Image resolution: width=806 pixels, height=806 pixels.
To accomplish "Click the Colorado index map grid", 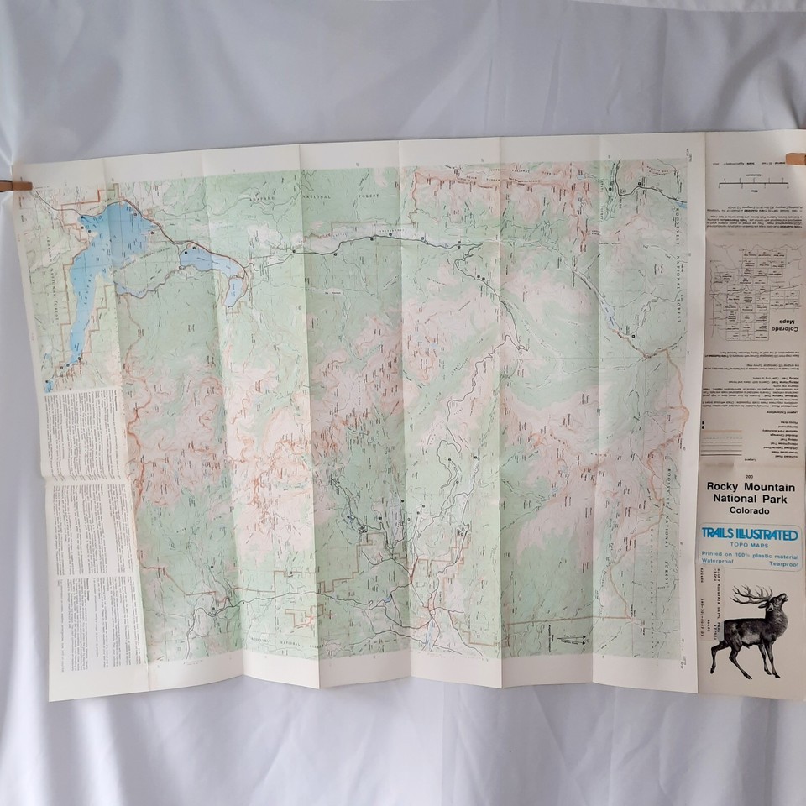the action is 743,285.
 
